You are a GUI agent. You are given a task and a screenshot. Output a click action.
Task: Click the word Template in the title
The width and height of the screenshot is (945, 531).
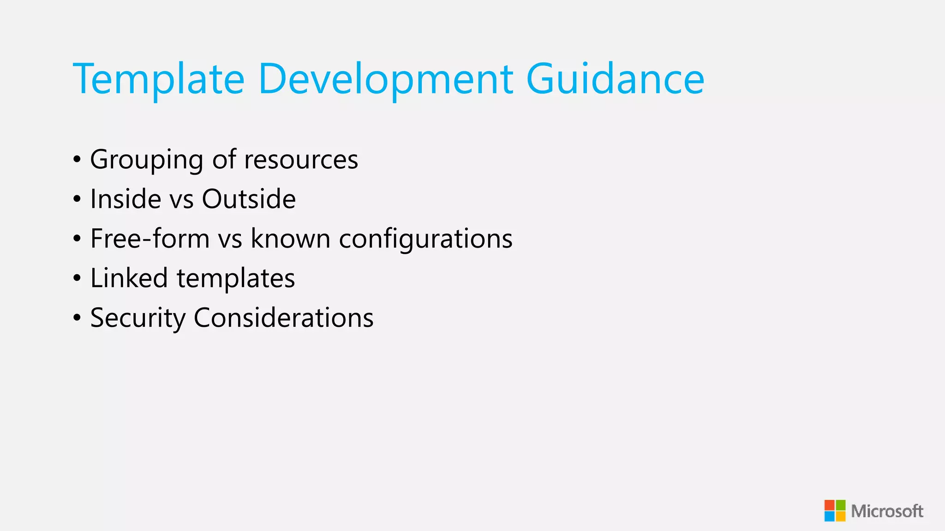pos(158,79)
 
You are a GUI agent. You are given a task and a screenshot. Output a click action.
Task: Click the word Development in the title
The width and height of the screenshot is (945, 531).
pos(385,79)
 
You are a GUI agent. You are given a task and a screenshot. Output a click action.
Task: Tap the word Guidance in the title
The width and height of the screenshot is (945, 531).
pos(615,79)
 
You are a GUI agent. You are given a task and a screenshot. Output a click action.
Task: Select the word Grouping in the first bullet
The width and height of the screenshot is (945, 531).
pos(146,160)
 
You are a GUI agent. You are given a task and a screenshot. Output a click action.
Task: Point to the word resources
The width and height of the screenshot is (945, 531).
pos(301,160)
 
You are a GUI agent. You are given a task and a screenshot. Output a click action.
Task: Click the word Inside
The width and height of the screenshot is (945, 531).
pos(126,199)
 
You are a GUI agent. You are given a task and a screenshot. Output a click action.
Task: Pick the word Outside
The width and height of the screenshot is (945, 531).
pos(249,199)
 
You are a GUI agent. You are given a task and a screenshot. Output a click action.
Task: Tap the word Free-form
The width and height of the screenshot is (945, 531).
pos(150,239)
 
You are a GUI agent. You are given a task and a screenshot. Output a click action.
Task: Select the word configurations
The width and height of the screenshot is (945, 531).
pos(425,239)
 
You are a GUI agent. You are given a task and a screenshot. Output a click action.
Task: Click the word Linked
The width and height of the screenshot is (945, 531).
pos(129,278)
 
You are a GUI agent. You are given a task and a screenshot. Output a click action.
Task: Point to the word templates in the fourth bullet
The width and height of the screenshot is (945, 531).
pos(236,278)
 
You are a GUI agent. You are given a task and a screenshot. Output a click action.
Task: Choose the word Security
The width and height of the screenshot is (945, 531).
pos(138,318)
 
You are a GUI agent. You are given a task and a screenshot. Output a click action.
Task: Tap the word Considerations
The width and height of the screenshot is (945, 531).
pos(283,318)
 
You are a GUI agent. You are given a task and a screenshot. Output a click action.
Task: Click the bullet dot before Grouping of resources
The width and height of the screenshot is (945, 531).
pos(77,160)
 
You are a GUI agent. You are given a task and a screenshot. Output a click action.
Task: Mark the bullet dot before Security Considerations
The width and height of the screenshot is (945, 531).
pos(77,318)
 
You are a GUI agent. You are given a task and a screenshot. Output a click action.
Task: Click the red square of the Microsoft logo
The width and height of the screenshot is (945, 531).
pos(830,505)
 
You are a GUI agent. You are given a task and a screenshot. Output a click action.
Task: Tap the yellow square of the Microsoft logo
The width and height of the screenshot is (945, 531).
pos(841,516)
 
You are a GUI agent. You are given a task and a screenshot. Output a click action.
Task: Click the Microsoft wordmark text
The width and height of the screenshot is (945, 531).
pos(887,511)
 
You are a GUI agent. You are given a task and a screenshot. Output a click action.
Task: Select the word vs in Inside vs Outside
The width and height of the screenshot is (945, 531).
pos(181,200)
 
